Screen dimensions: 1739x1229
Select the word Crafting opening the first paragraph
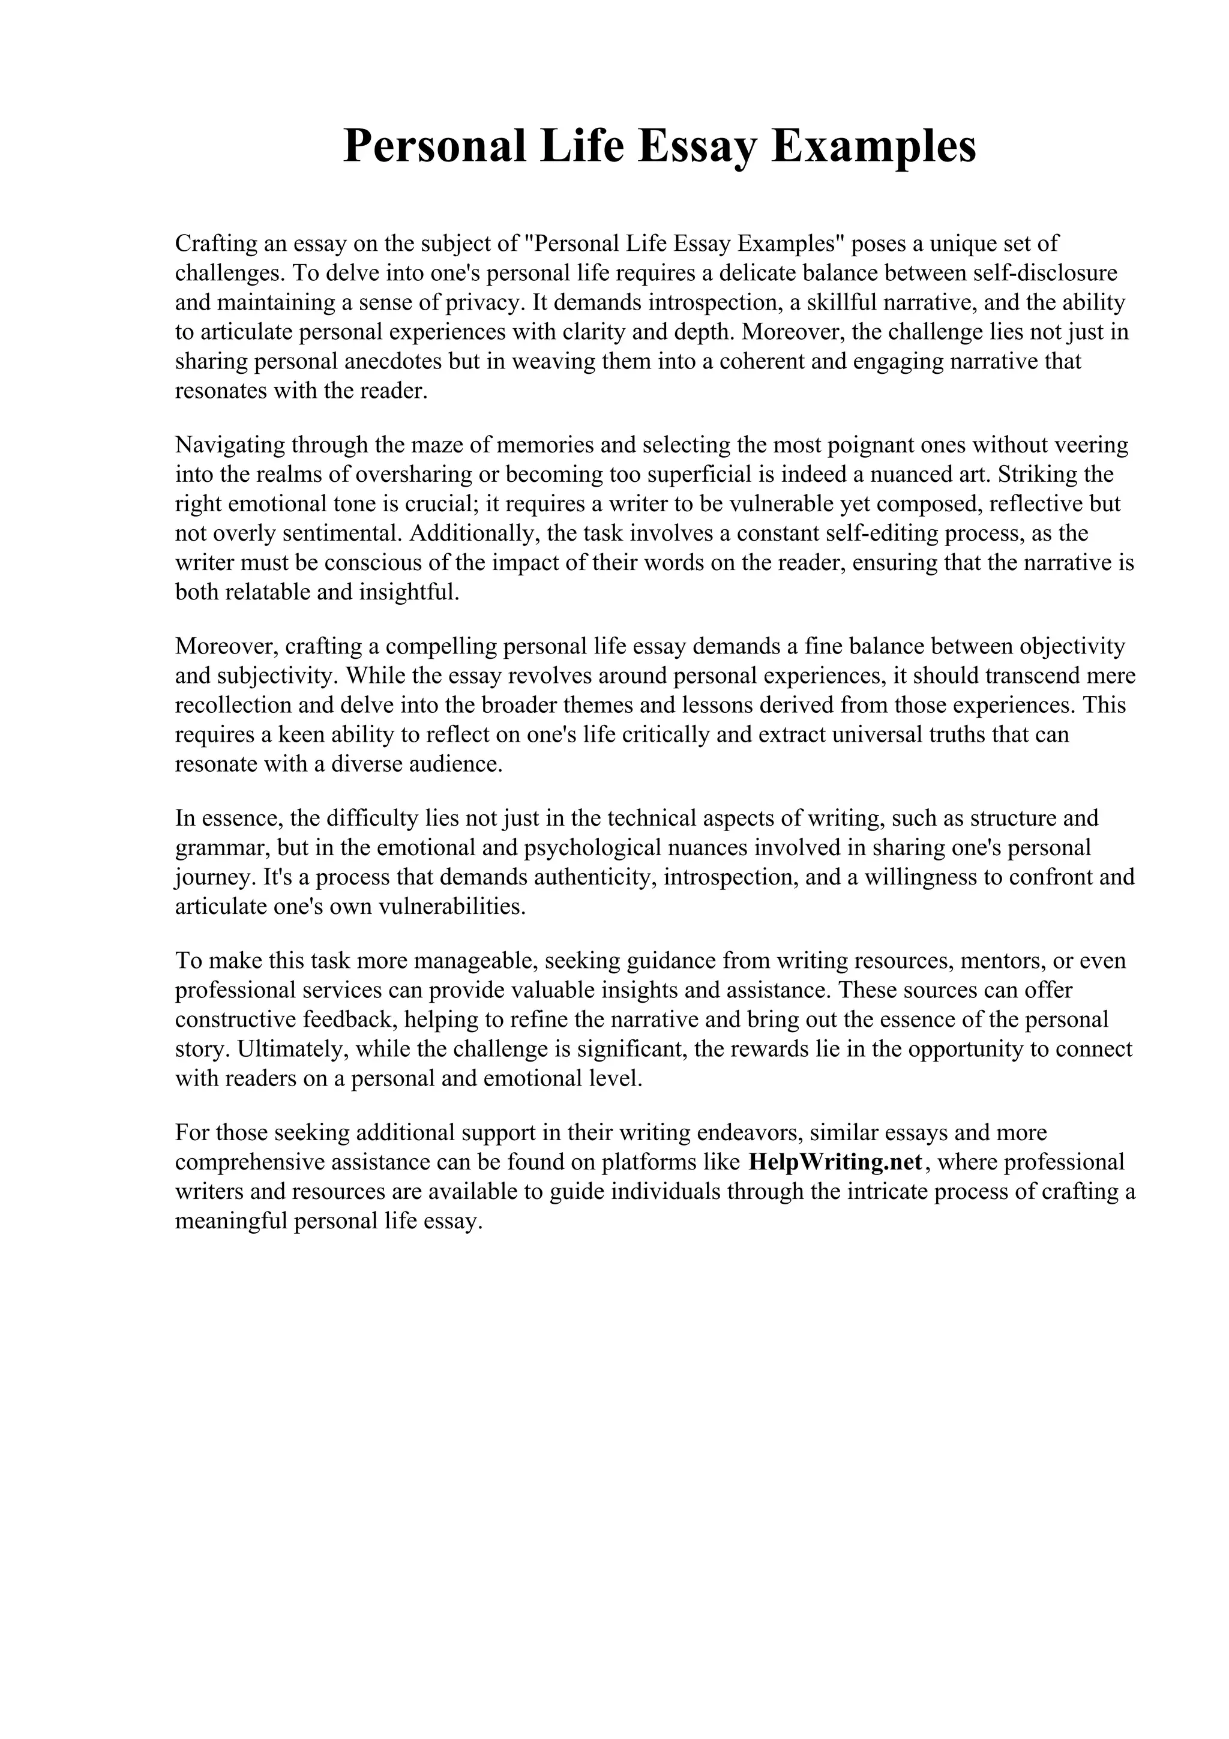[x=216, y=244]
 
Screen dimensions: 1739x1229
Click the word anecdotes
[x=393, y=362]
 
